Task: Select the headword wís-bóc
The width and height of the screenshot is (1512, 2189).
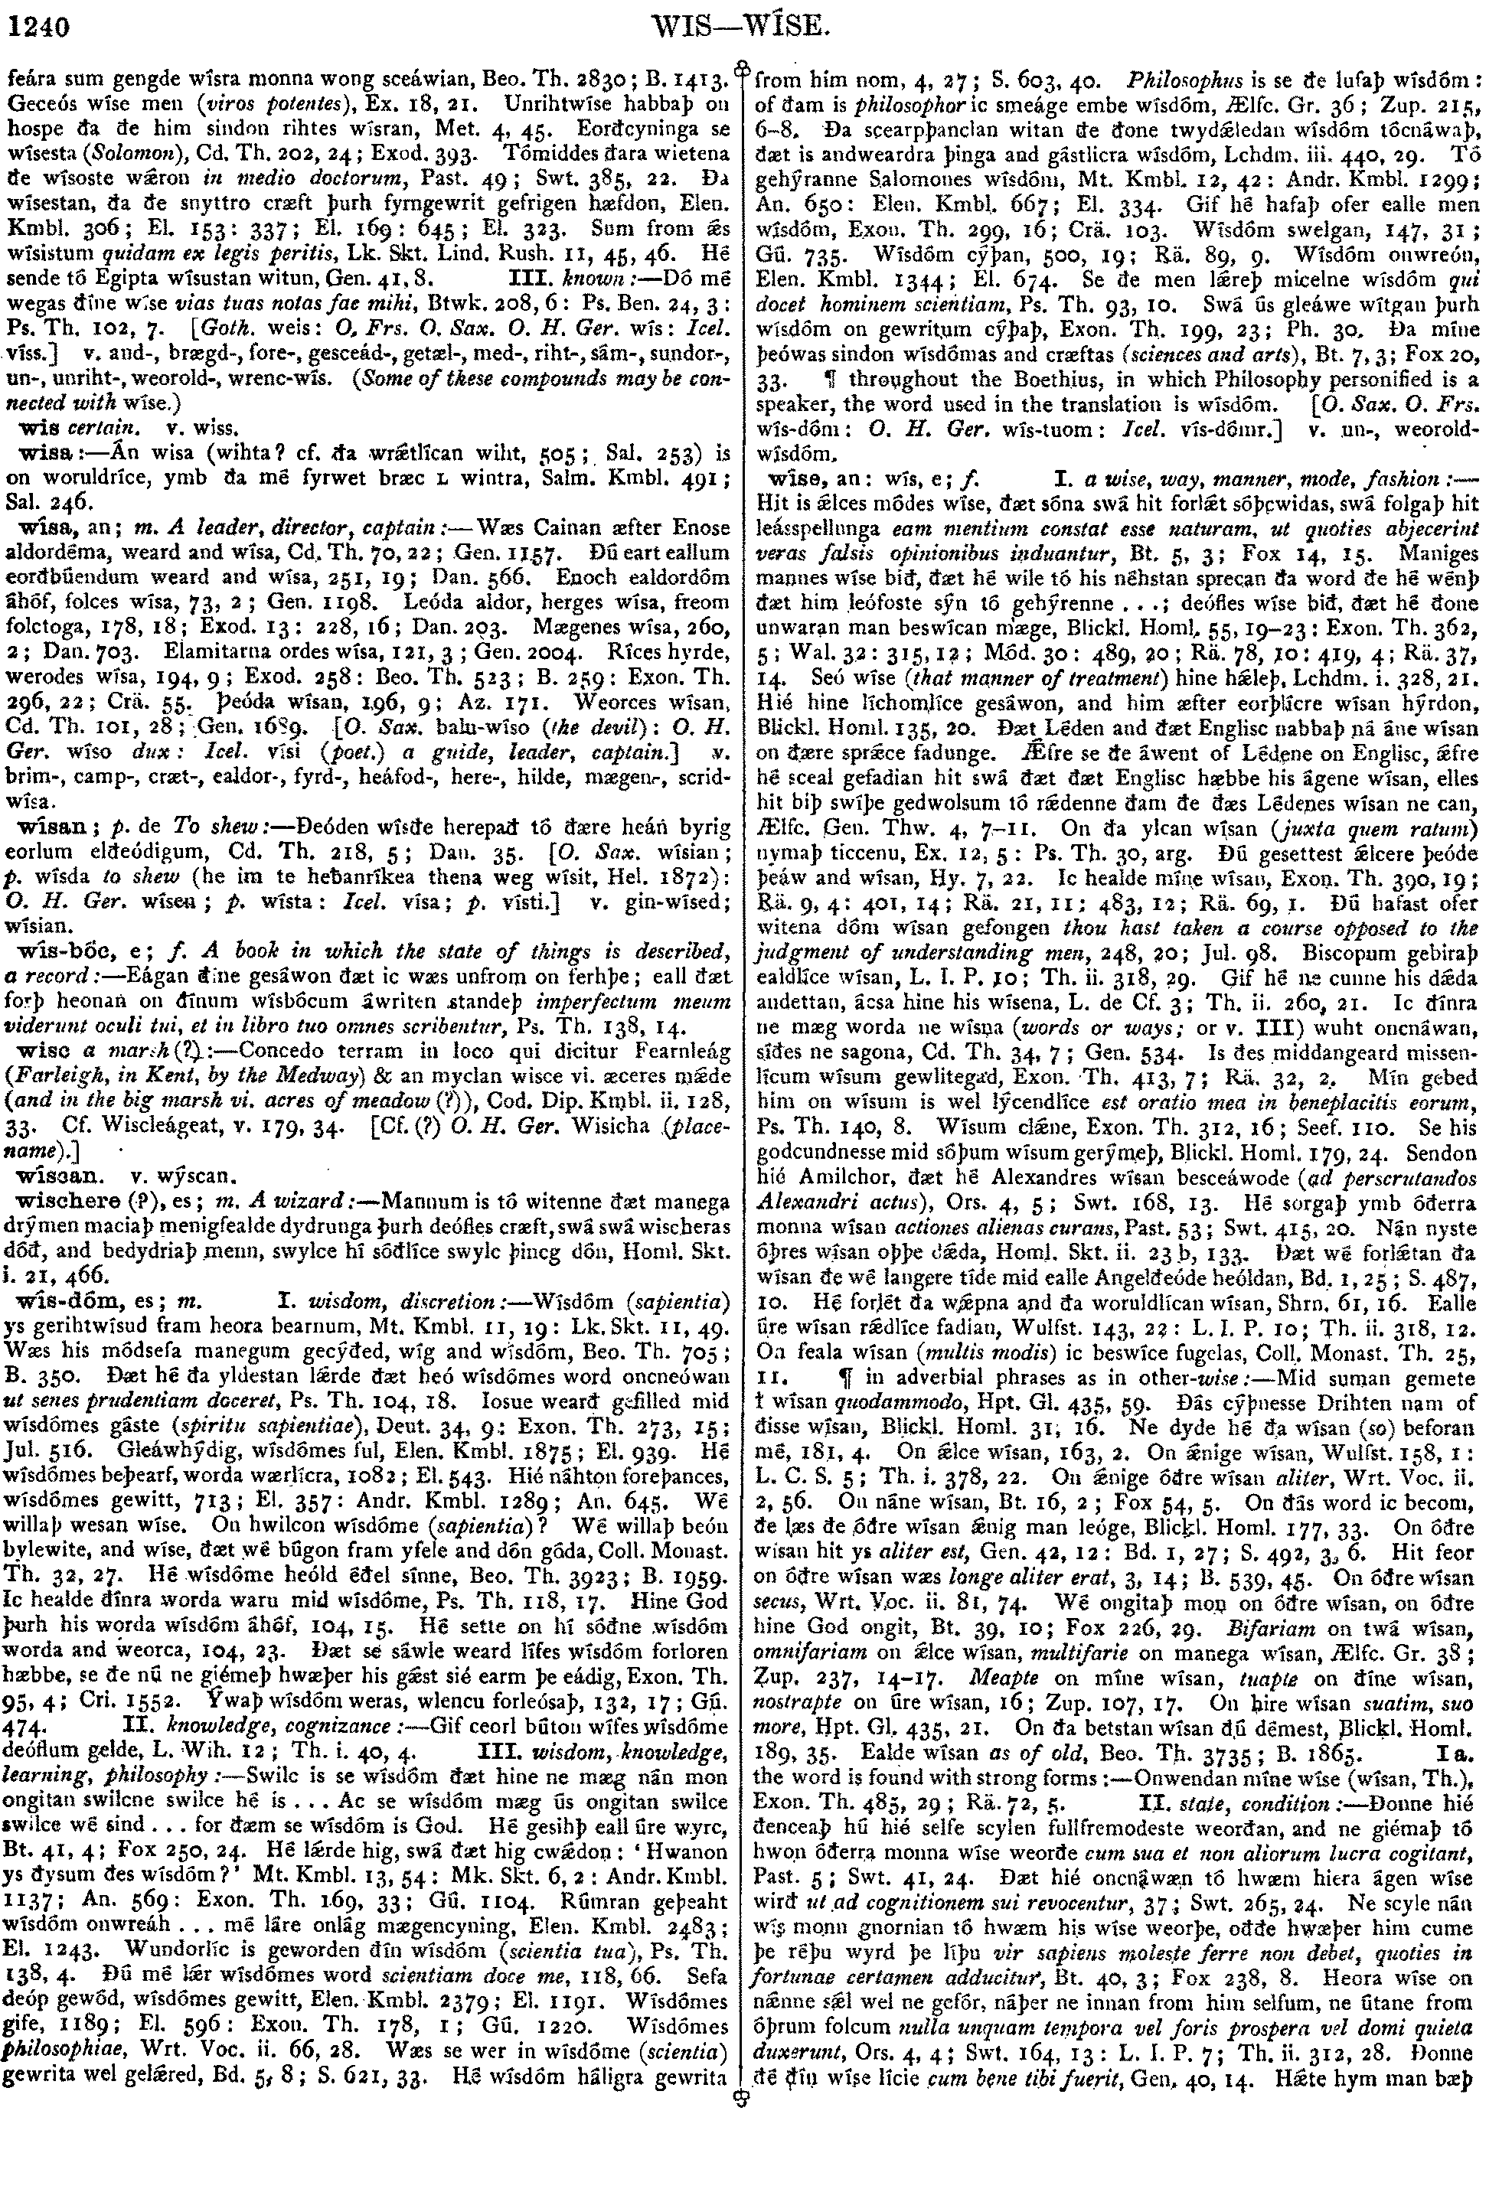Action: click(x=47, y=950)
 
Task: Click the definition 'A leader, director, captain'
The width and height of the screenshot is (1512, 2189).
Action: click(x=224, y=527)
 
